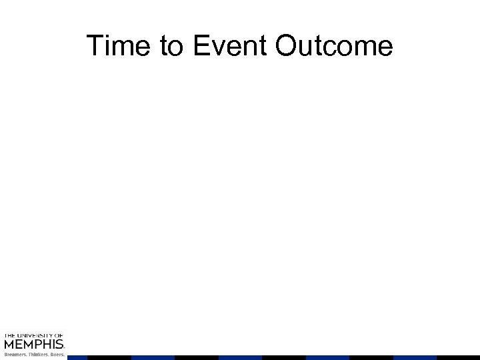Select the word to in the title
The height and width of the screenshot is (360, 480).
[162, 47]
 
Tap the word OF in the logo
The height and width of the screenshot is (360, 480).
[58, 335]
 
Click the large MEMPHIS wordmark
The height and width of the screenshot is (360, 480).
[33, 345]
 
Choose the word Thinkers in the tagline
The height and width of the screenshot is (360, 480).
[37, 355]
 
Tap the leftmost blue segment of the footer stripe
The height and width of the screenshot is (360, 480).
[77, 357]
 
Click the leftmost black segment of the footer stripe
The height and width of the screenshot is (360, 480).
[109, 357]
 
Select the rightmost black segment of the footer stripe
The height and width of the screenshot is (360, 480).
[459, 357]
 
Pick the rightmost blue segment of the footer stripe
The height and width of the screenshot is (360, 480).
[415, 357]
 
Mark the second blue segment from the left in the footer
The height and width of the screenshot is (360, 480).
[153, 357]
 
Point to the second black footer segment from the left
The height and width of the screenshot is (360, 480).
[197, 357]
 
